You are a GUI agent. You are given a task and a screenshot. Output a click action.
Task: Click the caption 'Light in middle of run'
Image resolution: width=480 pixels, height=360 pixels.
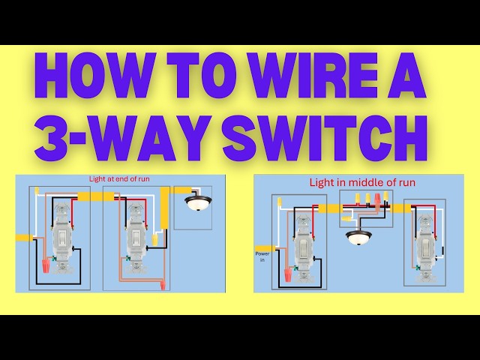point(352,182)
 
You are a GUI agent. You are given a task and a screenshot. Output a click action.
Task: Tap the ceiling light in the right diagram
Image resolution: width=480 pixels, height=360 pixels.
point(358,239)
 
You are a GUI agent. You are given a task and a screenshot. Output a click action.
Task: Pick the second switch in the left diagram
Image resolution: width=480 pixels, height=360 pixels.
point(135,238)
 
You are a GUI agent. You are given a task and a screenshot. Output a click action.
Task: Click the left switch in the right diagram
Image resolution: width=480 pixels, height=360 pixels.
point(303,244)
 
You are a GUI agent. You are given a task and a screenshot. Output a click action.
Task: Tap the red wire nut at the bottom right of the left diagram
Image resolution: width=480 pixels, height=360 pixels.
point(163,285)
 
